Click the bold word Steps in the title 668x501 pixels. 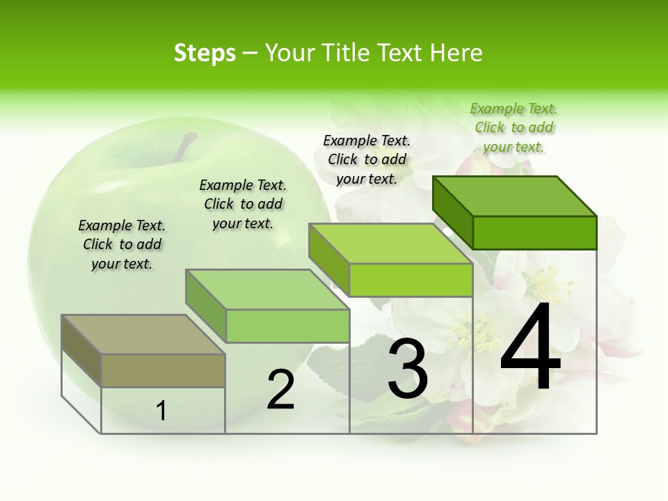click(x=205, y=53)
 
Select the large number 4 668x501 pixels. click(x=530, y=348)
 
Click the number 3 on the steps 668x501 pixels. click(x=407, y=369)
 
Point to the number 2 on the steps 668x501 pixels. click(x=281, y=390)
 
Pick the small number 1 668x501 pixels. click(x=161, y=411)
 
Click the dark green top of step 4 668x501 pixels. click(x=515, y=196)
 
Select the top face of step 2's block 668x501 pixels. click(x=268, y=289)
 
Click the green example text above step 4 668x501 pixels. click(x=514, y=128)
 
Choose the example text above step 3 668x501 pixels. click(x=367, y=159)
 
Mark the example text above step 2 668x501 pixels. click(x=243, y=204)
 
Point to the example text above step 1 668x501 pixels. click(x=122, y=244)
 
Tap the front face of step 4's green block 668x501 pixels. click(x=534, y=232)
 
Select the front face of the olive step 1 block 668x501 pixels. click(x=163, y=370)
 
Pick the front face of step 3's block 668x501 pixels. click(x=411, y=280)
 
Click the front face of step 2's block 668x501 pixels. click(x=287, y=326)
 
